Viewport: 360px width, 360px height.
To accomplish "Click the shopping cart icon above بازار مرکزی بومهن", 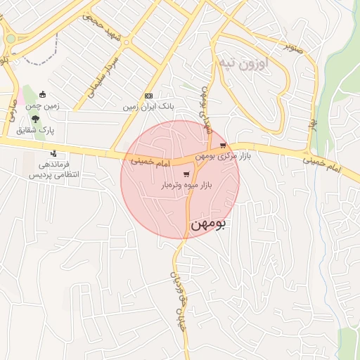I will (223, 146).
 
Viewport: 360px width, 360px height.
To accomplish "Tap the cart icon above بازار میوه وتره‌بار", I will (186, 175).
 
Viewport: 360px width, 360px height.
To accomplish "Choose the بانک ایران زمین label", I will (148, 106).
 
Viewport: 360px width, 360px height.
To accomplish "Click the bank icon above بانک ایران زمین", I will (148, 96).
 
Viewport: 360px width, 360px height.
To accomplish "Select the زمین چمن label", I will (43, 105).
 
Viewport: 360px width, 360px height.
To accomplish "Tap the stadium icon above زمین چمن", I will (43, 96).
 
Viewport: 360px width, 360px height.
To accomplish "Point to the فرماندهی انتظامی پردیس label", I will (53, 169).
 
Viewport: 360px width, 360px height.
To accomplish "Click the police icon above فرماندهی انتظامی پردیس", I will (53, 153).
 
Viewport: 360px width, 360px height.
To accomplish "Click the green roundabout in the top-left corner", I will (11, 39).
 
